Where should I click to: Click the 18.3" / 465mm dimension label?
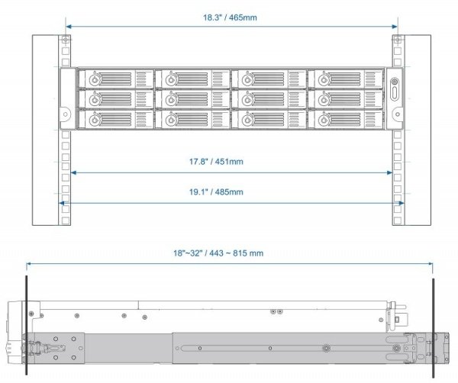[230, 18]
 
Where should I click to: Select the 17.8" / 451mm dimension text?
[216, 162]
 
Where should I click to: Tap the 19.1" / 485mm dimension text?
[216, 191]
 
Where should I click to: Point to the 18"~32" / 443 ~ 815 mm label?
[218, 253]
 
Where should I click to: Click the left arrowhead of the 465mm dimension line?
[69, 27]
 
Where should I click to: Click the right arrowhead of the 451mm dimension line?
[389, 173]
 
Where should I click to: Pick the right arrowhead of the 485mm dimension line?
[402, 203]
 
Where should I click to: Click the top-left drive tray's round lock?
[95, 79]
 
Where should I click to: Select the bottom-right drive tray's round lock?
[324, 120]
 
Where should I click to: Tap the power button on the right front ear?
[395, 82]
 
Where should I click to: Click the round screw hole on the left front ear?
[66, 114]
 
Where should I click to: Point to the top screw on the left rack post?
[66, 40]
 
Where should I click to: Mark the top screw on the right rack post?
[398, 40]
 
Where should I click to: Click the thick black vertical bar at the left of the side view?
[26, 324]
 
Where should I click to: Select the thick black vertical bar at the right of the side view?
[433, 328]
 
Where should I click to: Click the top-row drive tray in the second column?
[192, 79]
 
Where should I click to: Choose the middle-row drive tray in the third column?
[269, 99]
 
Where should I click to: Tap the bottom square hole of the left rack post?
[66, 220]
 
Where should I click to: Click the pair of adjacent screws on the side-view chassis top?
[276, 312]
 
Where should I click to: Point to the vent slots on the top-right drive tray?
[370, 79]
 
